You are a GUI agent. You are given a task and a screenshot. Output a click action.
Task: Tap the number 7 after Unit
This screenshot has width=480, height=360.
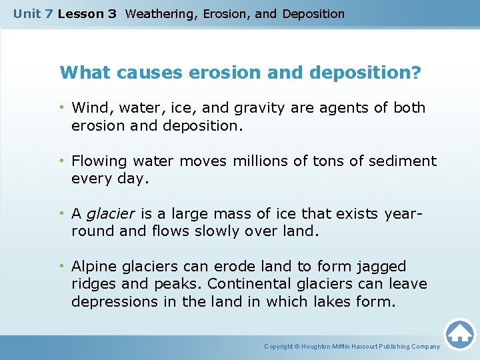point(47,13)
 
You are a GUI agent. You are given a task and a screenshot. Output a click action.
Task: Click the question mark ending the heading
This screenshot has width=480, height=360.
point(417,72)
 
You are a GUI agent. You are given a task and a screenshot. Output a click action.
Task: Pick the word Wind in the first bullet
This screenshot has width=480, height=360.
point(87,107)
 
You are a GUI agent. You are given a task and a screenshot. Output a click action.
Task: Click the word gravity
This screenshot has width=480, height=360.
point(244,107)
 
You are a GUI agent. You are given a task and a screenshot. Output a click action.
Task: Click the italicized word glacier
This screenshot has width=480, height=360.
point(111,214)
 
